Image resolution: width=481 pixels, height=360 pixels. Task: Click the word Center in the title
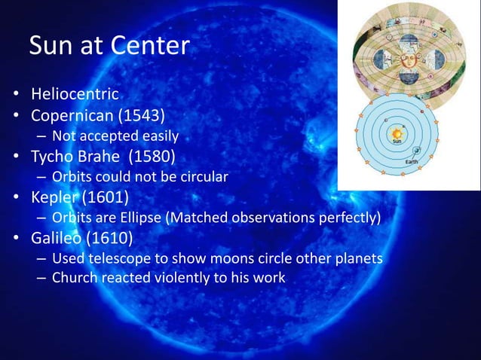click(x=149, y=46)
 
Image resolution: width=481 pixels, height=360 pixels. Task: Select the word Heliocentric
click(x=75, y=95)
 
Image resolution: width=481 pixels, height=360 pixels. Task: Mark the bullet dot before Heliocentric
click(x=15, y=96)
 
